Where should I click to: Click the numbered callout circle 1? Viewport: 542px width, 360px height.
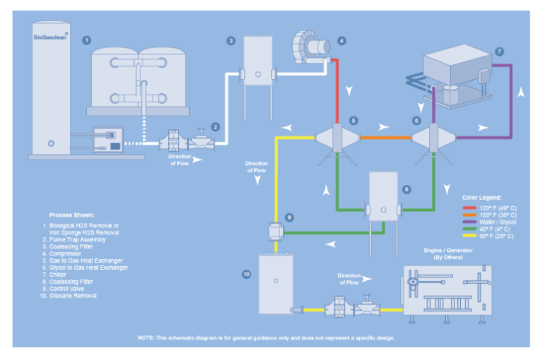pos(86,40)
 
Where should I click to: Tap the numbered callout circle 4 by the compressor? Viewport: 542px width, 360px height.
pos(342,41)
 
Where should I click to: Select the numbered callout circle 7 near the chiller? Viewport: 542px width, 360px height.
pos(499,52)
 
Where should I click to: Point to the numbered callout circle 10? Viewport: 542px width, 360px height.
pos(246,274)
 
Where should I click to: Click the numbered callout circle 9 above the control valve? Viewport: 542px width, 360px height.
pos(289,217)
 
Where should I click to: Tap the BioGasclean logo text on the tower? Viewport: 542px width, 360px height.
pos(50,37)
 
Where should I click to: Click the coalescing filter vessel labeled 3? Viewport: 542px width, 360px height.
pos(258,61)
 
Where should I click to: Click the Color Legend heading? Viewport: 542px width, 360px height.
pos(482,198)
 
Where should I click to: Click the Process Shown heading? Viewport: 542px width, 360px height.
pos(71,214)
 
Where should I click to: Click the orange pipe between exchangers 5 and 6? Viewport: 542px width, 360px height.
pos(386,138)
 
